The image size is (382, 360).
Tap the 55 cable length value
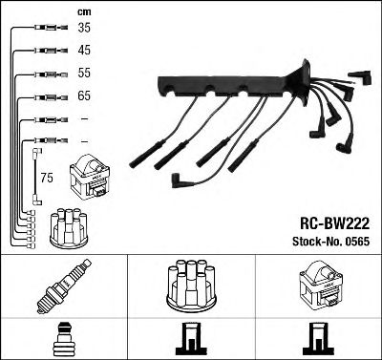(84, 74)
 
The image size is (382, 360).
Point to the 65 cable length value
(84, 96)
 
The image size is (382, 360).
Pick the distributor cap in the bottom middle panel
(191, 286)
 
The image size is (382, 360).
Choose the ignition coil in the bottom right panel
(318, 286)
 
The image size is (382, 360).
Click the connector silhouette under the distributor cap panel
(190, 341)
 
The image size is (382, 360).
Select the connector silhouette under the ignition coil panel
(318, 341)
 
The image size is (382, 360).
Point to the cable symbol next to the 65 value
(44, 96)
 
